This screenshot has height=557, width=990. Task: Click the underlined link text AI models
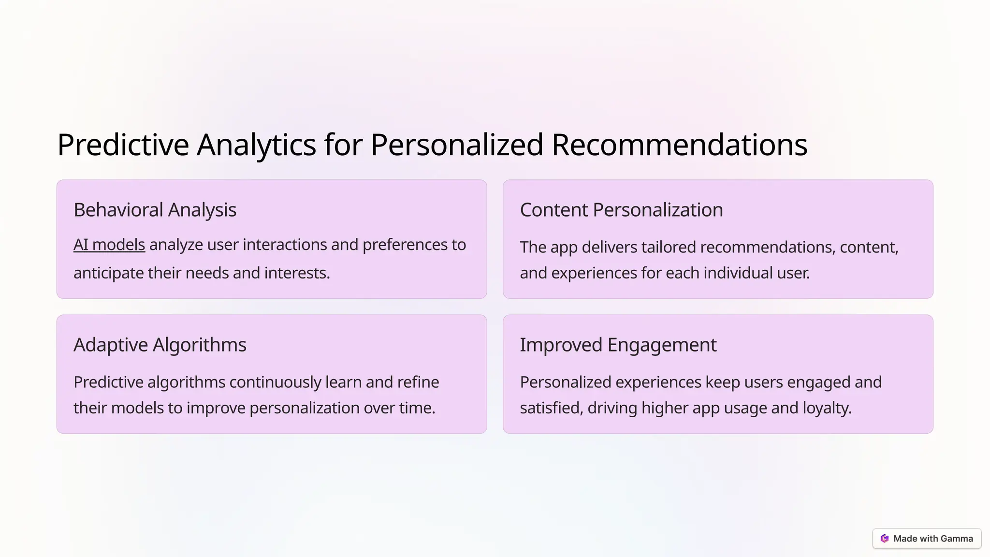(109, 245)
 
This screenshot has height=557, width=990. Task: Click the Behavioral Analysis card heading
(155, 210)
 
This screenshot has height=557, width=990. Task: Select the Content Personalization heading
(621, 210)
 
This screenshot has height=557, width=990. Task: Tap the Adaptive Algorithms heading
(160, 345)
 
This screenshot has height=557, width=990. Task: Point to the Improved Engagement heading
(618, 345)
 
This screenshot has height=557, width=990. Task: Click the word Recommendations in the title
(679, 145)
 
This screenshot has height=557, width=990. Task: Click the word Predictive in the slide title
(123, 145)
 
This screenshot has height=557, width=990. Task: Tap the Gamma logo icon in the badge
(885, 539)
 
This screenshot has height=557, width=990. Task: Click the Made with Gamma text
(933, 539)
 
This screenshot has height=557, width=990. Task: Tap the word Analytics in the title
(256, 145)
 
